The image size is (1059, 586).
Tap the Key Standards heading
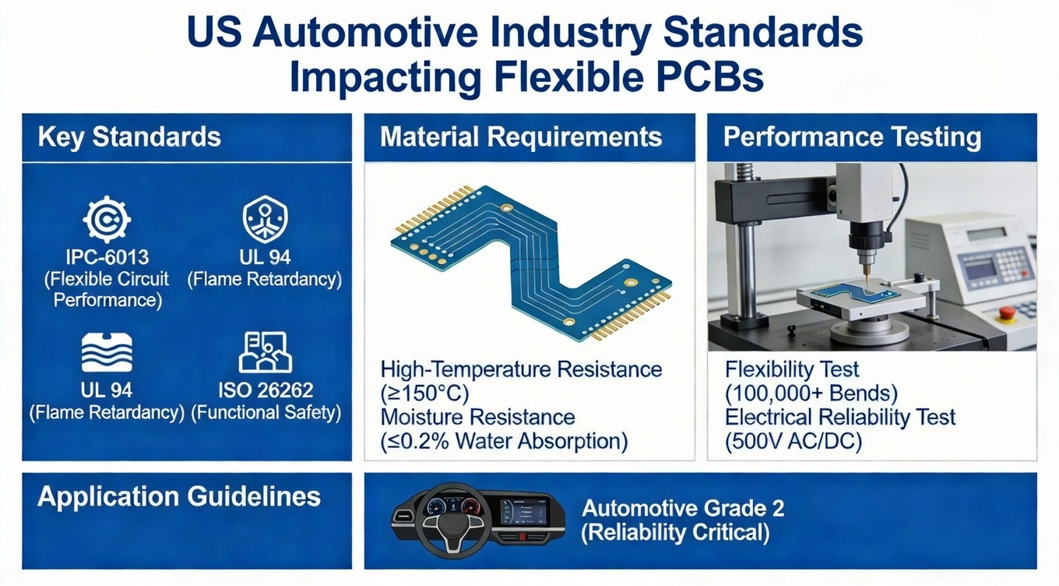(129, 137)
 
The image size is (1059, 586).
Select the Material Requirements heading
(521, 137)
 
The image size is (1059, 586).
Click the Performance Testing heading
(852, 137)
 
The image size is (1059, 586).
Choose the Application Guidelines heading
(179, 496)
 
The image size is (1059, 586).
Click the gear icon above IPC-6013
(107, 221)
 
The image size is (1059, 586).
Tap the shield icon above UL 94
(265, 220)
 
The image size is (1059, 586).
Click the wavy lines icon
(107, 352)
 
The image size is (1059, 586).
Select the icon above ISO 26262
(265, 352)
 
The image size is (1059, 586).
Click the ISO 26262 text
(266, 389)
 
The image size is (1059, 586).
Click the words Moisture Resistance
(478, 417)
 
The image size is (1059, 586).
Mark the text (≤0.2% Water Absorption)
(504, 441)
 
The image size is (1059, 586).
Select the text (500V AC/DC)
(793, 441)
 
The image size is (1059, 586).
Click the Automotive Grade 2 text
(683, 509)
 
